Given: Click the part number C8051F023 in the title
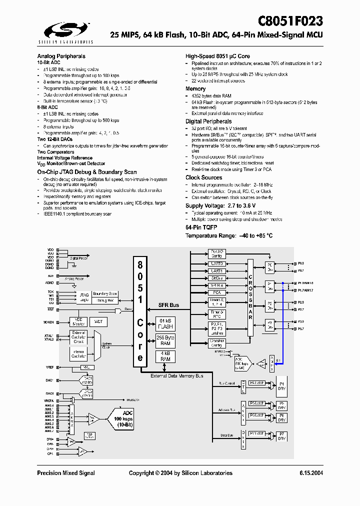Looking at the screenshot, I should pyautogui.click(x=290, y=21).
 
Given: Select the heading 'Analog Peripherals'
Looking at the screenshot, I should pyautogui.click(x=61, y=56).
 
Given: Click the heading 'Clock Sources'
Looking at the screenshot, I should pyautogui.click(x=203, y=177).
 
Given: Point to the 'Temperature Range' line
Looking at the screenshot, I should pyautogui.click(x=229, y=235).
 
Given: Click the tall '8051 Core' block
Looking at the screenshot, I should pyautogui.click(x=140, y=310).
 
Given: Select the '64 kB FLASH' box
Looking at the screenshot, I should pyautogui.click(x=165, y=323).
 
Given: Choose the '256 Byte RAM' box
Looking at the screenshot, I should pyautogui.click(x=165, y=340).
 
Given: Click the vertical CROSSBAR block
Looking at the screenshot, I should pyautogui.click(x=250, y=298).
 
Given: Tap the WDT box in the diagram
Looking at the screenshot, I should pyautogui.click(x=98, y=321).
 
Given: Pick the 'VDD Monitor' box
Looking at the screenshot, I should pyautogui.click(x=78, y=321).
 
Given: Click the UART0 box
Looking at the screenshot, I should pyautogui.click(x=217, y=263).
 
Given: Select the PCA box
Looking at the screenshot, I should pyautogui.click(x=217, y=292).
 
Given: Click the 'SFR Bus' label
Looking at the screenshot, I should pyautogui.click(x=168, y=305).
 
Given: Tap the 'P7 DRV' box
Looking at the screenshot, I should pyautogui.click(x=281, y=435).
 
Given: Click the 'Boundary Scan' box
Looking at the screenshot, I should pyautogui.click(x=105, y=293).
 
